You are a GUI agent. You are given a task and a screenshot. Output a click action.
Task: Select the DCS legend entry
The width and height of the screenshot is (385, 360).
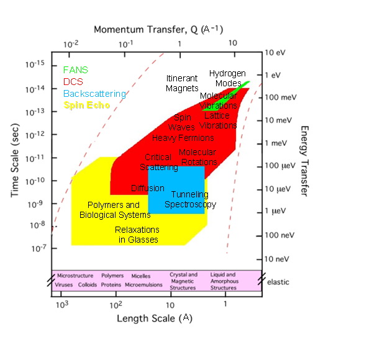click(73, 81)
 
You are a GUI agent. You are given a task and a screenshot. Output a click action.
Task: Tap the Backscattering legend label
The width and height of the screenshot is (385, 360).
click(94, 94)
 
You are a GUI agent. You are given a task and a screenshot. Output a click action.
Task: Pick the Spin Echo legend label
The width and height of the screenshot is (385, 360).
click(87, 106)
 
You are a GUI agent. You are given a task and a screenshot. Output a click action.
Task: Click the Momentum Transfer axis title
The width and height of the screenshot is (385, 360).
click(158, 29)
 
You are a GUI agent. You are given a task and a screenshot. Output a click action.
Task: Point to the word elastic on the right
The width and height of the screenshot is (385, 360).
click(278, 281)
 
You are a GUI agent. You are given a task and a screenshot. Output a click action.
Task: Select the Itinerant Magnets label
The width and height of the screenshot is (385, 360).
click(183, 83)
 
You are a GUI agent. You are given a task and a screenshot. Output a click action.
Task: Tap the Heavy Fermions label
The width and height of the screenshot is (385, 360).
click(183, 138)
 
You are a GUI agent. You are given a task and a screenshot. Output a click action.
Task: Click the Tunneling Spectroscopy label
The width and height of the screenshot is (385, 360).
click(190, 199)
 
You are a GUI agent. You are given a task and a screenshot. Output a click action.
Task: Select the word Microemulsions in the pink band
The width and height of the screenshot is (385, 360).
click(143, 285)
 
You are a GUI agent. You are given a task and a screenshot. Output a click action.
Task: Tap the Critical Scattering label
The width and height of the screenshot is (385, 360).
click(158, 162)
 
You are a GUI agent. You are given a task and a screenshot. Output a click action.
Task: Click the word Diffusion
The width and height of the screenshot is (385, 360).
click(147, 188)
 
